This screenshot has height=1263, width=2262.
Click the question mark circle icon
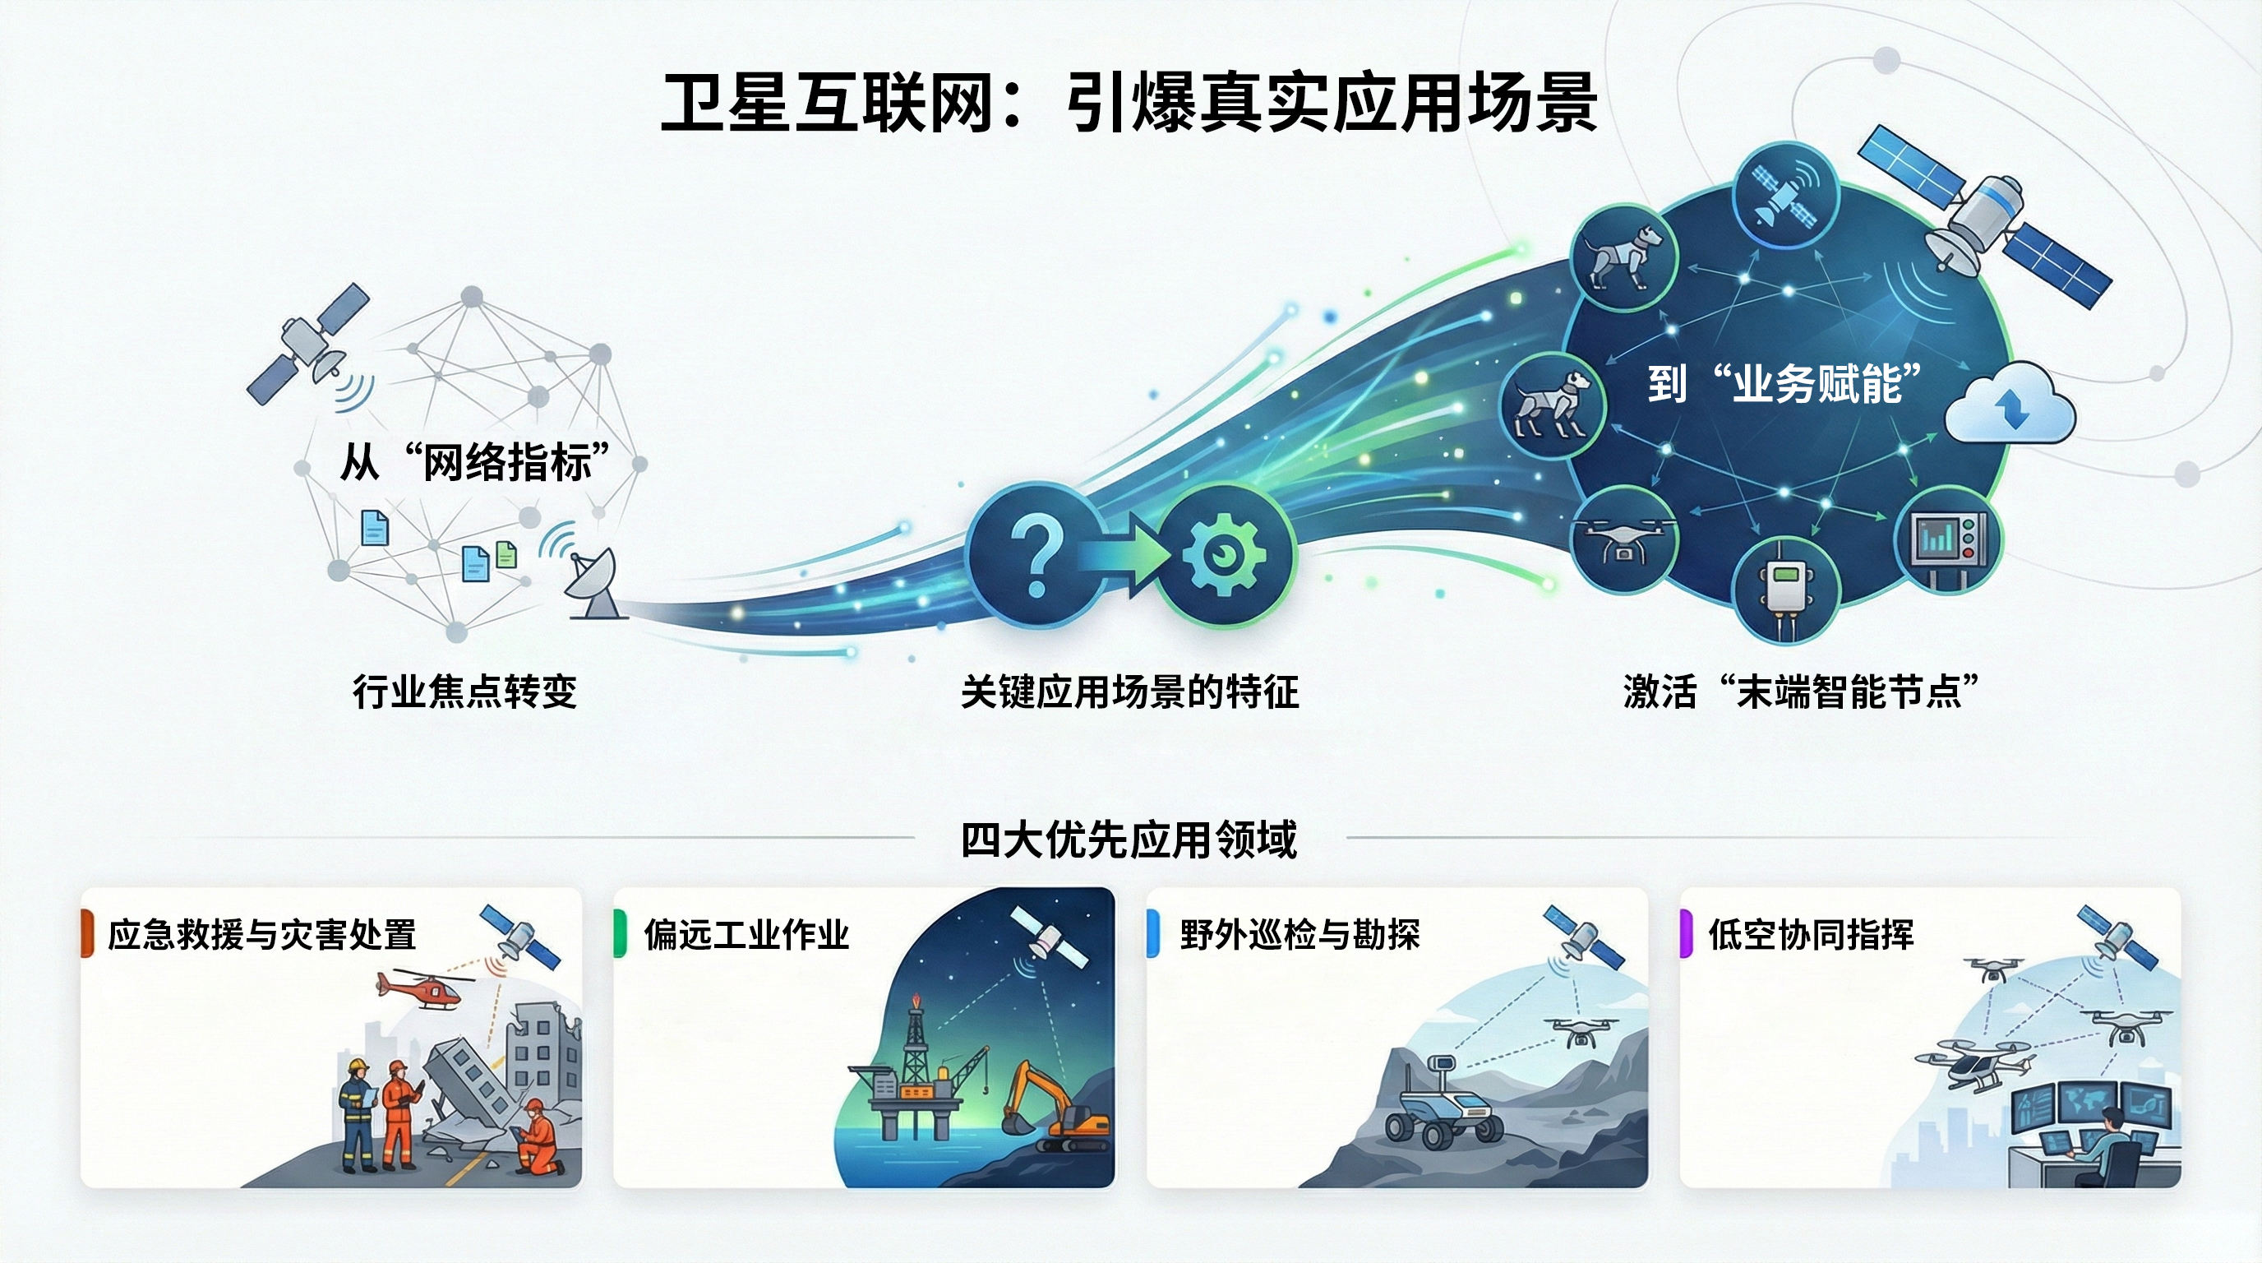[1036, 555]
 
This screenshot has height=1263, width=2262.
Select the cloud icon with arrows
[2010, 405]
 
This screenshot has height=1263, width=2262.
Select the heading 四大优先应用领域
[1129, 840]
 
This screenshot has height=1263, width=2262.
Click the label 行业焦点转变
[464, 692]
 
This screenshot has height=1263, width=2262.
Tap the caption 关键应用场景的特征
[1130, 692]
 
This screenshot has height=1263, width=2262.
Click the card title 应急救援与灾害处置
[261, 935]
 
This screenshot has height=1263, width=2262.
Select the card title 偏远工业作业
[746, 935]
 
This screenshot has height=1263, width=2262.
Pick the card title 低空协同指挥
[1811, 935]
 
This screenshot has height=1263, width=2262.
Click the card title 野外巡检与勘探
[1299, 935]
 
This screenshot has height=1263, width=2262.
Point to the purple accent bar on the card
[1686, 933]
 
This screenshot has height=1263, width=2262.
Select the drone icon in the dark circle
[1623, 538]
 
